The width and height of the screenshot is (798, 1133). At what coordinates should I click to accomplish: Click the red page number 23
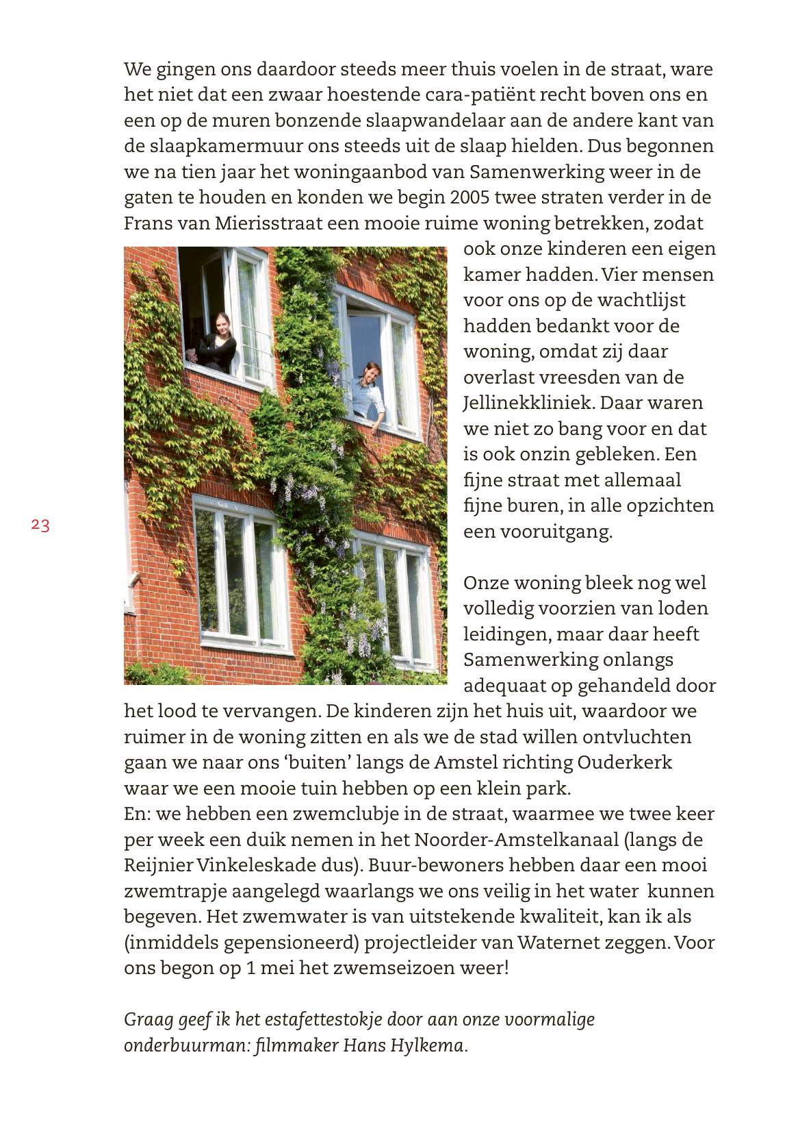(40, 525)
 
